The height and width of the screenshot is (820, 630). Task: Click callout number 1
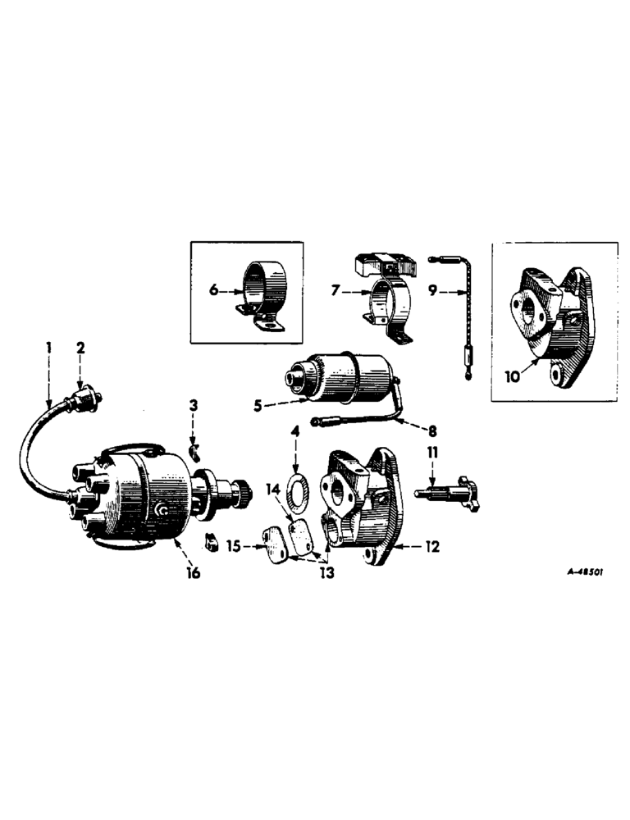click(48, 348)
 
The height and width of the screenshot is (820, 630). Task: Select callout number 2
click(80, 348)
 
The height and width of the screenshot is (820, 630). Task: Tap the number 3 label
click(193, 405)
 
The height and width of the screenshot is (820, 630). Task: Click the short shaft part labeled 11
click(443, 493)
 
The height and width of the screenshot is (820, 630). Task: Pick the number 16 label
click(194, 572)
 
